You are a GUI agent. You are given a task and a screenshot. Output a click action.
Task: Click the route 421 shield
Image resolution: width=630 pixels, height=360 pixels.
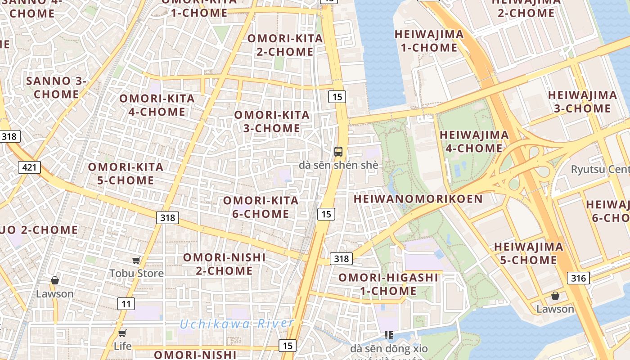click(x=30, y=168)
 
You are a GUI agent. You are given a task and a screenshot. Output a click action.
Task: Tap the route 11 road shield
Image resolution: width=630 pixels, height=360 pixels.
click(x=126, y=304)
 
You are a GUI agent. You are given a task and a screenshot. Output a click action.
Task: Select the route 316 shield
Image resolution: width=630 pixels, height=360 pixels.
click(x=578, y=278)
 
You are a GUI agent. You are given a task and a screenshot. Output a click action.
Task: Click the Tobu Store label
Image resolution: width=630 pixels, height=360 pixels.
click(x=137, y=273)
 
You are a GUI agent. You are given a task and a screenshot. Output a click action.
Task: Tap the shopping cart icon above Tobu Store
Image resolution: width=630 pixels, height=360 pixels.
click(x=136, y=260)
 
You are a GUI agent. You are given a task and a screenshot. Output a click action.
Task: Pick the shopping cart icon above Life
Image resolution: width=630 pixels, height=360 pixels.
click(x=122, y=333)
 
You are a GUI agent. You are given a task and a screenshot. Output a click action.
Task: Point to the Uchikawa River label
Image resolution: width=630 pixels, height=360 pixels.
click(x=237, y=323)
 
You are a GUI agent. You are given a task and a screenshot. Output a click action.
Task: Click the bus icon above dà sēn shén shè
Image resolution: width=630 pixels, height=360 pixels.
click(x=338, y=152)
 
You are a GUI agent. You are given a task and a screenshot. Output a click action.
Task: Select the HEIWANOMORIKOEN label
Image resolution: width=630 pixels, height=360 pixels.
click(x=418, y=199)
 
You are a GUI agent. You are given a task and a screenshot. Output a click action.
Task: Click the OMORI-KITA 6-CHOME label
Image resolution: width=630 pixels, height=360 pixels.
click(x=261, y=207)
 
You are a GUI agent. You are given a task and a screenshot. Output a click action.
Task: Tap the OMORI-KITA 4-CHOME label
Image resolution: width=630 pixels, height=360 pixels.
click(x=157, y=105)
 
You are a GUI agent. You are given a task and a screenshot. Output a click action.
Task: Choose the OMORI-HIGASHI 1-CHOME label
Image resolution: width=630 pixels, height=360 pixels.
click(x=388, y=284)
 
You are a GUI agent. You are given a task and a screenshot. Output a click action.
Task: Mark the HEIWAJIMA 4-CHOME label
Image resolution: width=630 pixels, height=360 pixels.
click(x=474, y=141)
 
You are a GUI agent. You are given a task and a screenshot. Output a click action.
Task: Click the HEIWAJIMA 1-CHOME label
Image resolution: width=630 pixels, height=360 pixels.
click(x=429, y=40)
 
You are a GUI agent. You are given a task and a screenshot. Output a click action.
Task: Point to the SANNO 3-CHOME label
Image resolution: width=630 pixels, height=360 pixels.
click(x=56, y=87)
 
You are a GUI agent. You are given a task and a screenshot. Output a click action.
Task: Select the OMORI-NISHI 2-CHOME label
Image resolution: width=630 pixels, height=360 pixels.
click(x=224, y=264)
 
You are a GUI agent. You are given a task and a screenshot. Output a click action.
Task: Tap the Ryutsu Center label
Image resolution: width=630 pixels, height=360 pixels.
click(x=600, y=170)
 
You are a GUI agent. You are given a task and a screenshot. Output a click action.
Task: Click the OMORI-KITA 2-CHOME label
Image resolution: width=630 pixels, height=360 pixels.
click(x=285, y=45)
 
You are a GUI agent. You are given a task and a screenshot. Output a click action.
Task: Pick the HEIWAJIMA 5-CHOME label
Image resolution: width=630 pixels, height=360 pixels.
click(x=528, y=253)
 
